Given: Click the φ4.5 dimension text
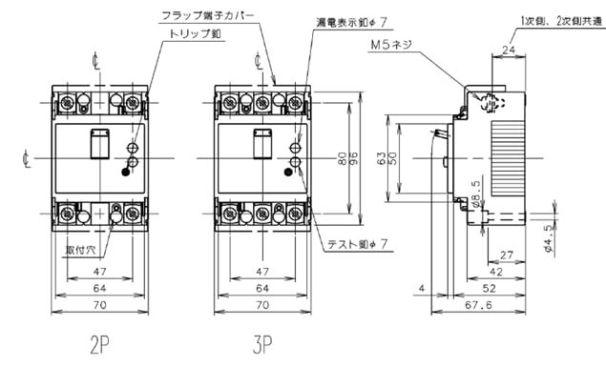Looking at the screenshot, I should coord(576,234).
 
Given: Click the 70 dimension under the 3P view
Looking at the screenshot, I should coord(264,306).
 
